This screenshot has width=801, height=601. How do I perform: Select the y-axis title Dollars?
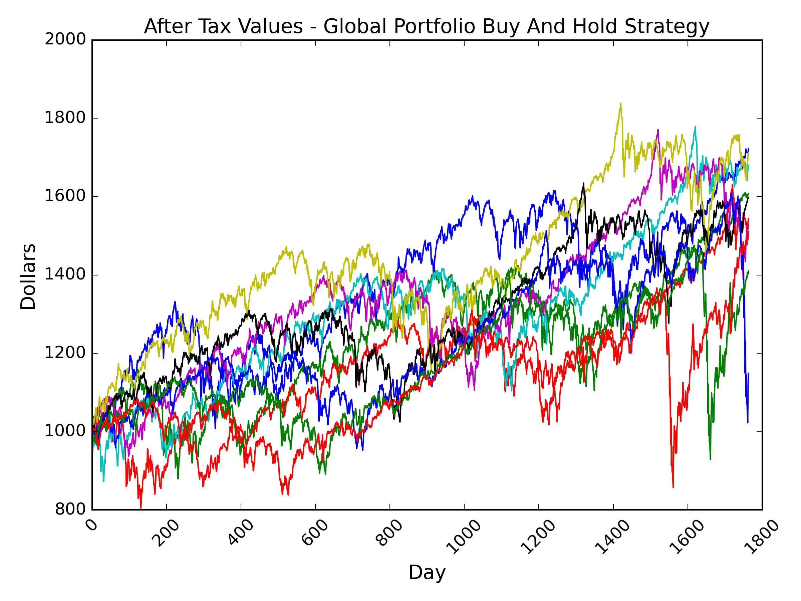click(28, 277)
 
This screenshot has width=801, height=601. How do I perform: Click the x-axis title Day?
click(427, 573)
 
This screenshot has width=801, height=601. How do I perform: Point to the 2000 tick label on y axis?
click(65, 39)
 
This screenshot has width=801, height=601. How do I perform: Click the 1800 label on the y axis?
click(65, 118)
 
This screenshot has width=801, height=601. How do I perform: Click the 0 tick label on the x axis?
click(93, 526)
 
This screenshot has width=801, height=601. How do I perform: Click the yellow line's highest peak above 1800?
click(621, 104)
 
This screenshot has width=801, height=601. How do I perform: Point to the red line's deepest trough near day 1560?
click(673, 487)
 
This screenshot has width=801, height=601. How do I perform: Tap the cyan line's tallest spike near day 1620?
click(695, 127)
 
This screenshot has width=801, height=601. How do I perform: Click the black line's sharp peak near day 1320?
click(583, 183)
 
